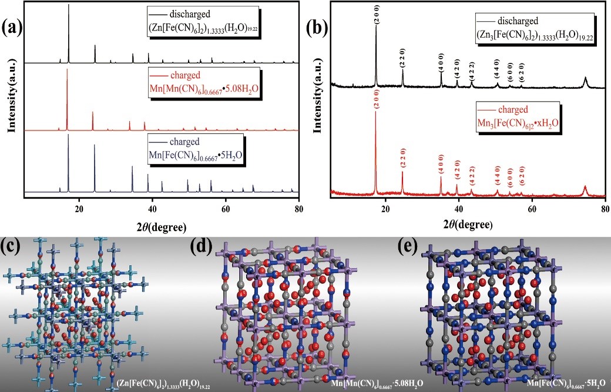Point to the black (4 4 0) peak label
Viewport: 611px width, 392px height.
point(497,73)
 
